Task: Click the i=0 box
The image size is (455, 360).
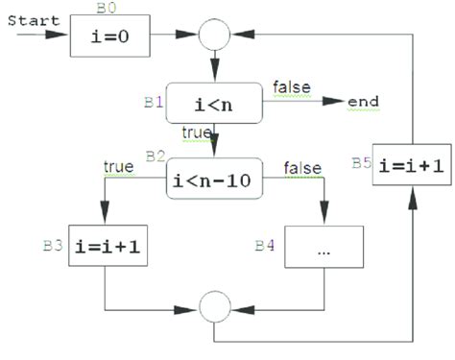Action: pyautogui.click(x=111, y=39)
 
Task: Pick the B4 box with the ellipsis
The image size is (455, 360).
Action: pyautogui.click(x=323, y=246)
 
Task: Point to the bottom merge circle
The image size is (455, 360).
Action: pyautogui.click(x=214, y=307)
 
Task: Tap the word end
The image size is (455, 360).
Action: pyautogui.click(x=363, y=102)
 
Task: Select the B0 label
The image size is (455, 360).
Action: pyautogui.click(x=108, y=9)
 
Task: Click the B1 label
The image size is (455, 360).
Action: pyautogui.click(x=153, y=100)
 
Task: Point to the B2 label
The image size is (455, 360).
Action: pyautogui.click(x=155, y=156)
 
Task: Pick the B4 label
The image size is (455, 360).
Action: pyautogui.click(x=265, y=246)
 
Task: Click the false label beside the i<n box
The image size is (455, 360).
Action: pyautogui.click(x=290, y=86)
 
